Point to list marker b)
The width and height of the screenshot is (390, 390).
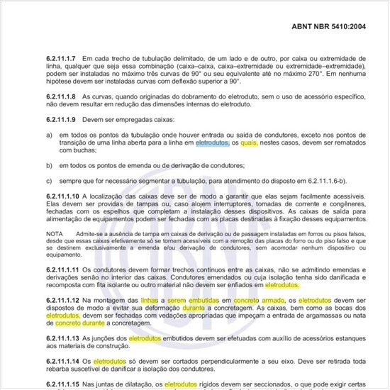(x=49, y=165)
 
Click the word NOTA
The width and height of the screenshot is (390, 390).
(x=54, y=233)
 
